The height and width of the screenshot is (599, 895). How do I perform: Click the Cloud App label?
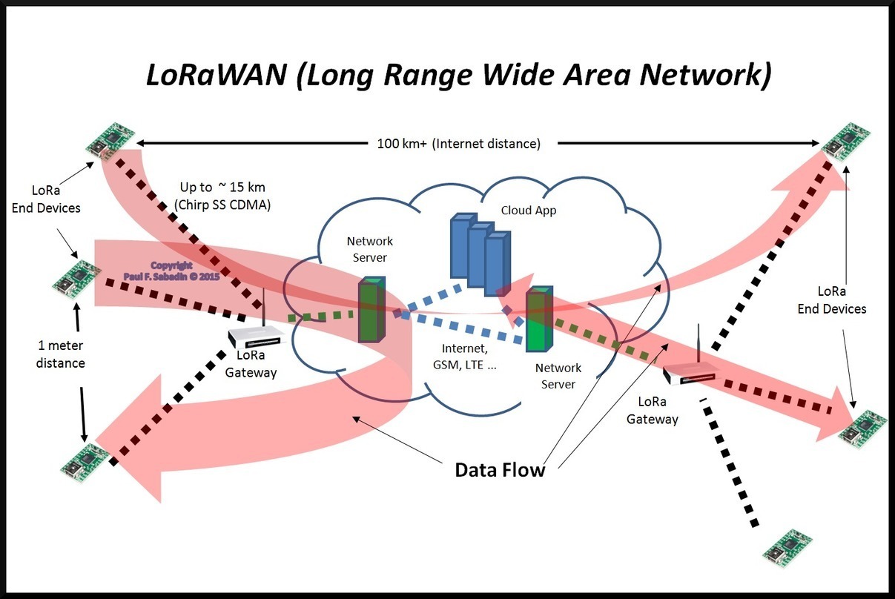click(528, 210)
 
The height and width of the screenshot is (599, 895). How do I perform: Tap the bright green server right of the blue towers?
click(540, 322)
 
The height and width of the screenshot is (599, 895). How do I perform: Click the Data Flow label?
click(500, 469)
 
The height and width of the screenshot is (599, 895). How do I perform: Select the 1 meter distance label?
click(62, 354)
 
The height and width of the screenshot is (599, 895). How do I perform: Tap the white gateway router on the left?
click(257, 338)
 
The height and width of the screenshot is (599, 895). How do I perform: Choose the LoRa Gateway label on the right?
click(653, 410)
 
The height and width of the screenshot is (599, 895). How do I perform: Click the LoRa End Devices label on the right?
click(832, 299)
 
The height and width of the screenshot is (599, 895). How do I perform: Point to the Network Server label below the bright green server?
click(558, 376)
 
